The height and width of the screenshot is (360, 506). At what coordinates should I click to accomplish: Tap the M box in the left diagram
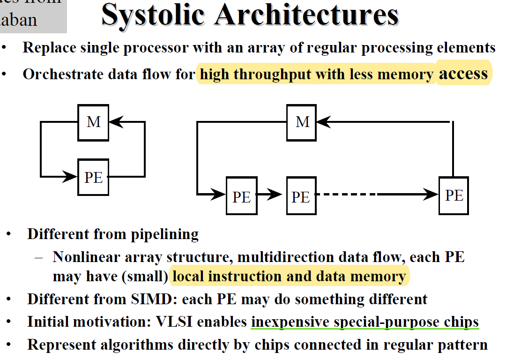pos(94,122)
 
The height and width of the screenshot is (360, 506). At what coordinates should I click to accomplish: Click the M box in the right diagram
pos(303,122)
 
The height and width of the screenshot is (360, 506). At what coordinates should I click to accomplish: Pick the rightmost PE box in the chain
pos(454,195)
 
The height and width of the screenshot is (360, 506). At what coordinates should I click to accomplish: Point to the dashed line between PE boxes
pos(347,194)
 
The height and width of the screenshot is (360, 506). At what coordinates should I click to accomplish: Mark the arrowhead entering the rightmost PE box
pos(431,194)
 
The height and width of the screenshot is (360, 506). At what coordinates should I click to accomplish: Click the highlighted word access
pos(463,74)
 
